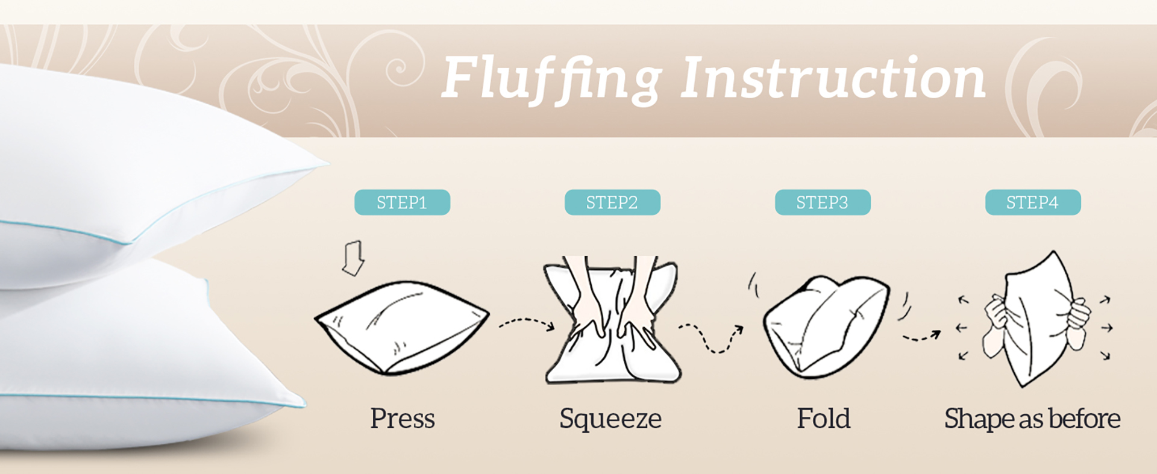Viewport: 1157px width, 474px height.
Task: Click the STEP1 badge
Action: tap(402, 202)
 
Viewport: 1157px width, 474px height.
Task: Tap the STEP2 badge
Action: tap(612, 202)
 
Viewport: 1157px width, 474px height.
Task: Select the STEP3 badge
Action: tap(823, 202)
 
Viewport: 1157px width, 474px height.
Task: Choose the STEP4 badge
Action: tap(1033, 202)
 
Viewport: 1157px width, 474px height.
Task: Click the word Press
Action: tap(403, 418)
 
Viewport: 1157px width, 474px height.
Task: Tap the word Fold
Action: tap(824, 418)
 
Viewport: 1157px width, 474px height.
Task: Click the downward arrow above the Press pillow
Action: tap(353, 258)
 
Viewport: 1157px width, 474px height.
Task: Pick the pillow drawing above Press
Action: tap(402, 328)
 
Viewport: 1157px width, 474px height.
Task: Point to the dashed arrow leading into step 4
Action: tap(921, 337)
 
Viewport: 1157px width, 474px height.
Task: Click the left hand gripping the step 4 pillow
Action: tap(997, 325)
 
